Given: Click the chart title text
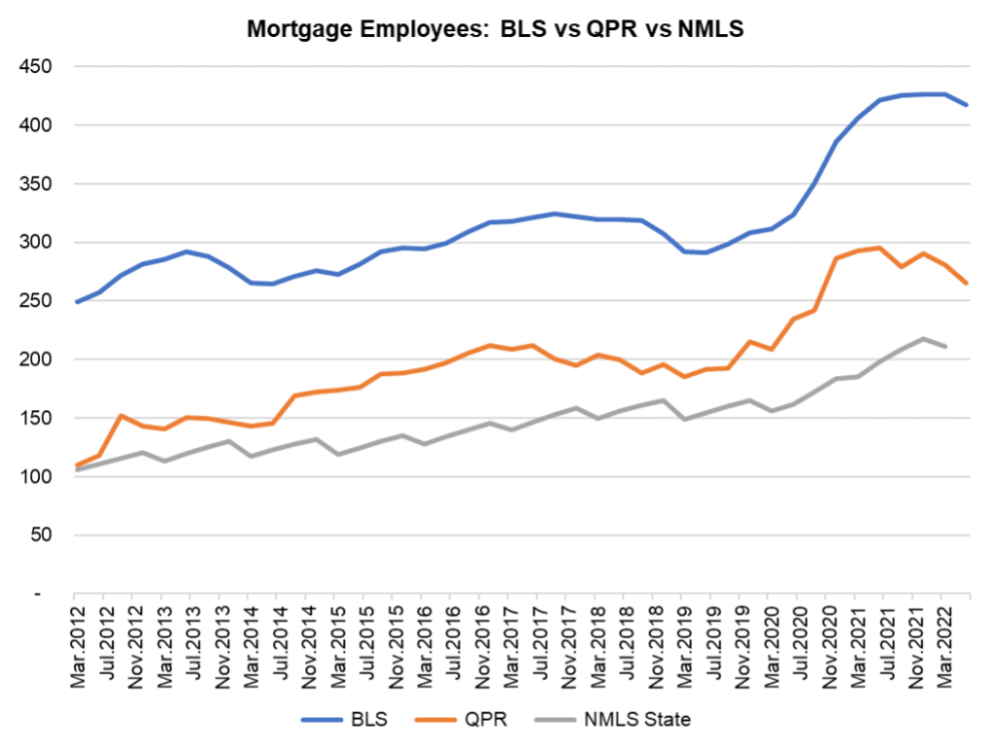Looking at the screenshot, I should [496, 29].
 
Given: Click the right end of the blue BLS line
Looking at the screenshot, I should [967, 105].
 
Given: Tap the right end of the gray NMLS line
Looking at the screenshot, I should [945, 346].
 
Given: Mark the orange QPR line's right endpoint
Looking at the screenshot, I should [967, 283].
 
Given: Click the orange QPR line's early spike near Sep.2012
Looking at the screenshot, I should [120, 416].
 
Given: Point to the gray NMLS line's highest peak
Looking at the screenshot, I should [922, 338].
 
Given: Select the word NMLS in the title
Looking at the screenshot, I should [705, 29].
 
